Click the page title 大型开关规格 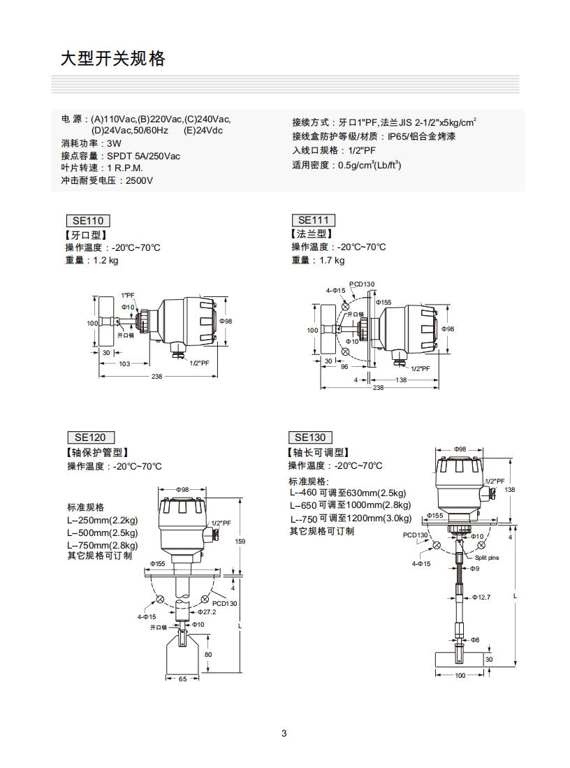(113, 59)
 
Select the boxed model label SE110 (87, 221)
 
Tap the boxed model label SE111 (313, 220)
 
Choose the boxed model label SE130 (309, 437)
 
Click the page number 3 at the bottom (284, 733)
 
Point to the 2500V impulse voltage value (139, 181)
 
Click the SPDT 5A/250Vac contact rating (143, 156)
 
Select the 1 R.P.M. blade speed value (125, 168)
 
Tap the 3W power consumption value (114, 143)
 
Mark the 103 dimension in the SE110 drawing (124, 363)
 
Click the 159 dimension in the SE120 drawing (240, 542)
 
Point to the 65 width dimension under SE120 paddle (182, 679)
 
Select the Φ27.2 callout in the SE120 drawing (207, 611)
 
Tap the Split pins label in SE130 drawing (487, 558)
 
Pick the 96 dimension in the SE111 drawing (344, 366)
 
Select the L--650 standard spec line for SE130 (350, 505)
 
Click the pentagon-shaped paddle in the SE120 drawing (183, 655)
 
